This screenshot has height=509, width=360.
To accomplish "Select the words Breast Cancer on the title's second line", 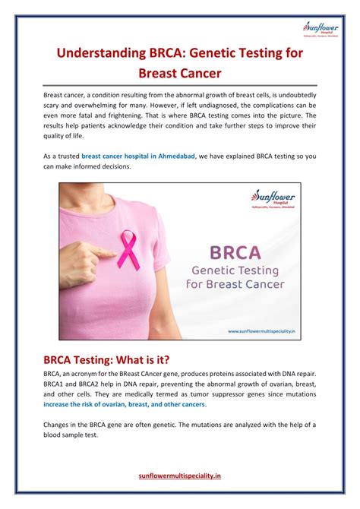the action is pyautogui.click(x=180, y=74).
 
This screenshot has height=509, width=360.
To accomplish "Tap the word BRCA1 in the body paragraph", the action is pyautogui.click(x=57, y=384).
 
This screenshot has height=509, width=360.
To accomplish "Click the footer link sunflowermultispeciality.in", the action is pyautogui.click(x=180, y=476).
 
